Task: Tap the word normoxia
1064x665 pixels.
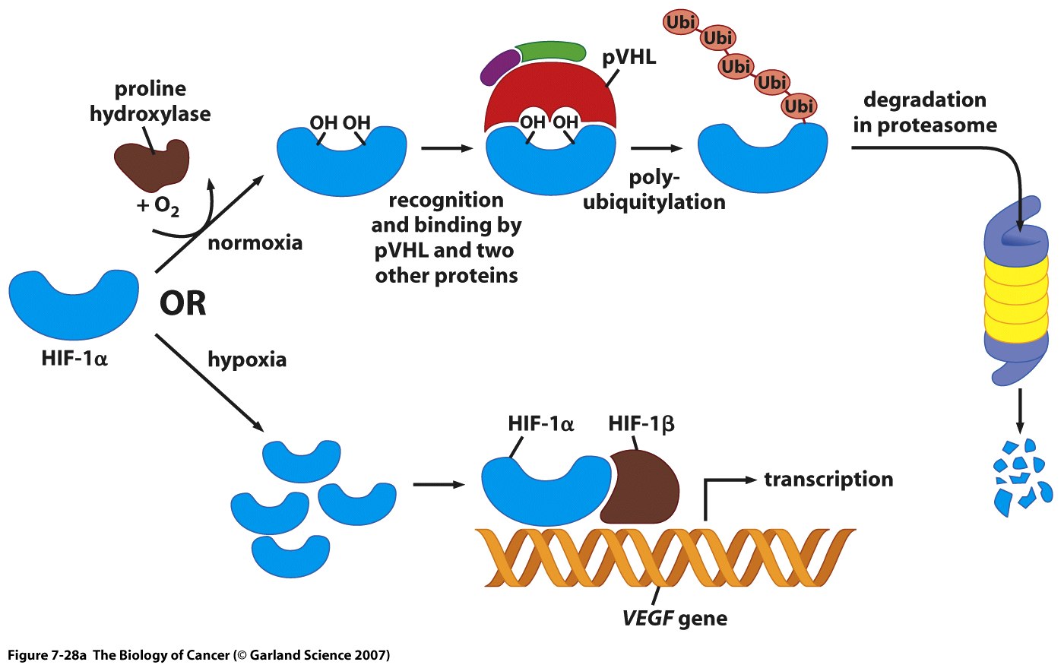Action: pos(255,243)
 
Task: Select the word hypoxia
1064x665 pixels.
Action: pos(247,359)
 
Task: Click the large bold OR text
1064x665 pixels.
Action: pos(182,304)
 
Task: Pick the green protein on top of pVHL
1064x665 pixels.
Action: pos(551,51)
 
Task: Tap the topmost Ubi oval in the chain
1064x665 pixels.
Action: pos(680,23)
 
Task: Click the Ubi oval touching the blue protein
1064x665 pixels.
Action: pos(798,106)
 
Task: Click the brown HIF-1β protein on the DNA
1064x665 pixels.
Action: pos(644,486)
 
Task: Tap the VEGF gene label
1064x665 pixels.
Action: pos(674,618)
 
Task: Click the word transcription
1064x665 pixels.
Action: pos(828,480)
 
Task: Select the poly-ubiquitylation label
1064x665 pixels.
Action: pos(654,190)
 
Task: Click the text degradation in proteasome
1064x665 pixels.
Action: pos(925,112)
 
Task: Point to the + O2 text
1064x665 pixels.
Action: pos(158,206)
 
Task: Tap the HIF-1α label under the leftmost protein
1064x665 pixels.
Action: pos(74,358)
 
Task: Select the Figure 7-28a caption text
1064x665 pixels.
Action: pos(198,655)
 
